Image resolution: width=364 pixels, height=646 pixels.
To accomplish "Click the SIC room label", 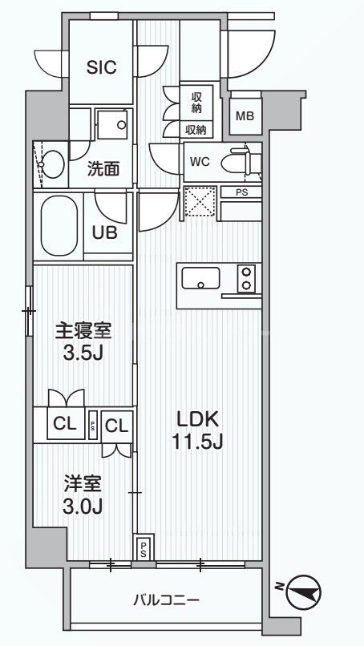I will point(101,68).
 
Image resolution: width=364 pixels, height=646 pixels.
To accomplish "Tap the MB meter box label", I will point(245,115).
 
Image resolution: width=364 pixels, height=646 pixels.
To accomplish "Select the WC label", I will point(200,161).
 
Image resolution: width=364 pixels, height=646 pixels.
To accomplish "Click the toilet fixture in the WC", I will point(244,160).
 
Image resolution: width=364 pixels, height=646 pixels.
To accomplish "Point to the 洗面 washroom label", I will point(104,169).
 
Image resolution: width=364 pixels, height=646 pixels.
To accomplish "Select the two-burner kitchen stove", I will point(246,278).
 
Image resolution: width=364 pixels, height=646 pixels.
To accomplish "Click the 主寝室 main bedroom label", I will point(82,330).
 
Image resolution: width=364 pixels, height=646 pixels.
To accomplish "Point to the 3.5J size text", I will point(82,353).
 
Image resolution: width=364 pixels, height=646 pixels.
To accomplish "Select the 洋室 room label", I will point(82,483).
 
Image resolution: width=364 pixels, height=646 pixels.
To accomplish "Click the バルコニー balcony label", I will point(167,599).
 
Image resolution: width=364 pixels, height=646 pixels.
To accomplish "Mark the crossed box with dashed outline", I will point(199,200).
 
